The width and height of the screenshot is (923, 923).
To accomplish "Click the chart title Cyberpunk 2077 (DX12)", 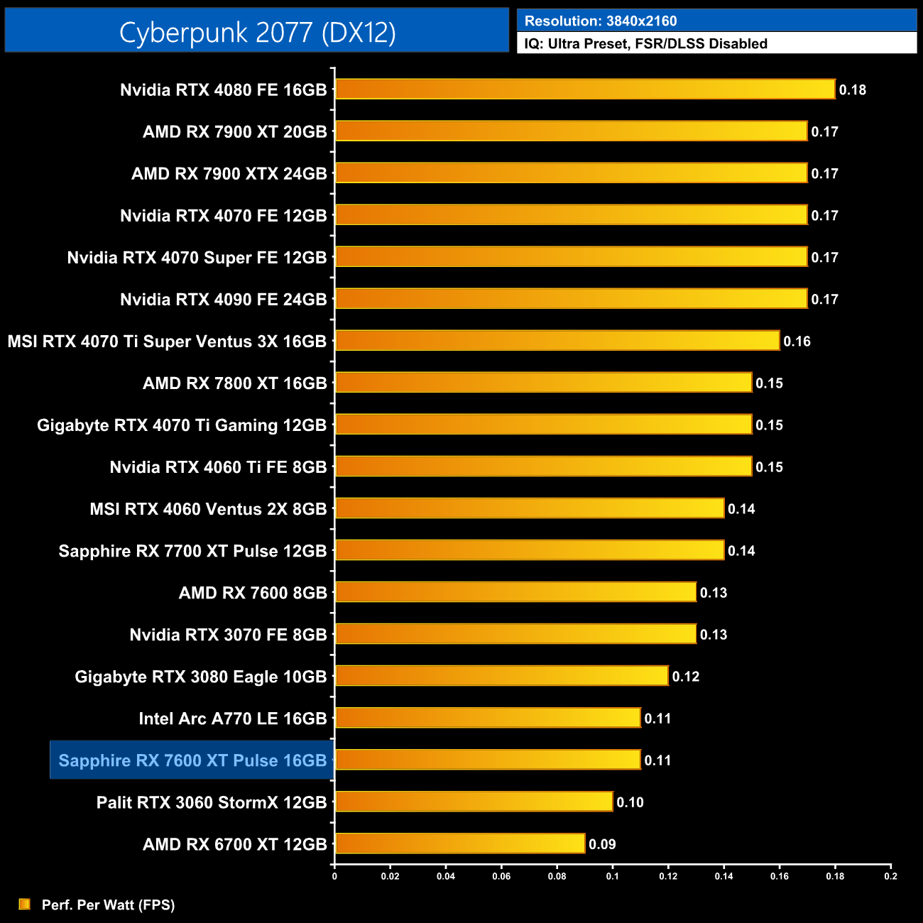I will pyautogui.click(x=257, y=32).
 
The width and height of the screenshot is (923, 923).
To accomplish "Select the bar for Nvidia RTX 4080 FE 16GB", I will pyautogui.click(x=584, y=89).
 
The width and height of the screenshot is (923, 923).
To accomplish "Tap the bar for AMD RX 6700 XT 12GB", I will pyautogui.click(x=459, y=843).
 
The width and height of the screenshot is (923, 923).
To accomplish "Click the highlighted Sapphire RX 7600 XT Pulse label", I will pyautogui.click(x=192, y=760).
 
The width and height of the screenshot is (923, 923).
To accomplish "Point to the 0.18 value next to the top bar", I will pyautogui.click(x=852, y=90).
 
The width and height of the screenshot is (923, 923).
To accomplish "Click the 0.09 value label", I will pyautogui.click(x=602, y=844).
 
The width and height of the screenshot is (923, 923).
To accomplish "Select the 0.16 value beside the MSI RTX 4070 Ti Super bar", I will pyautogui.click(x=797, y=342).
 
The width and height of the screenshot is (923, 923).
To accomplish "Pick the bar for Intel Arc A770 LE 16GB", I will pyautogui.click(x=487, y=718).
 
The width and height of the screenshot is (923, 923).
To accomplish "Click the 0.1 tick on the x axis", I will pyautogui.click(x=612, y=876).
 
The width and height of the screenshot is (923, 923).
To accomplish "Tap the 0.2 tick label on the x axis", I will pyautogui.click(x=890, y=876).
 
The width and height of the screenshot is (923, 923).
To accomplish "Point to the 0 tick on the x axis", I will pyautogui.click(x=334, y=876).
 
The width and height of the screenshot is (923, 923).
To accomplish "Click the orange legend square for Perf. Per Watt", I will pyautogui.click(x=25, y=904).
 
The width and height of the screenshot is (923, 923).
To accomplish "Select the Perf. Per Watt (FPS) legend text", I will pyautogui.click(x=108, y=905).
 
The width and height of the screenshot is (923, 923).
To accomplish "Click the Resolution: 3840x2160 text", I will pyautogui.click(x=601, y=21).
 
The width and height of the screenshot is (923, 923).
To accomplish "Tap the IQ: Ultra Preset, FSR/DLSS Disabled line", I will pyautogui.click(x=645, y=44).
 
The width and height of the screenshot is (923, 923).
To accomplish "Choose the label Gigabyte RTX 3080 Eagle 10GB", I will pyautogui.click(x=200, y=677).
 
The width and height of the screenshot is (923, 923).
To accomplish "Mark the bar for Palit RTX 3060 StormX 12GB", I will pyautogui.click(x=474, y=802).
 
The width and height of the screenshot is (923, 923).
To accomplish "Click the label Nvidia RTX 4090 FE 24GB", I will pyautogui.click(x=223, y=300).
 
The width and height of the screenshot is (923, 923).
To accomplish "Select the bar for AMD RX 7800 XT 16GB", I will pyautogui.click(x=543, y=383).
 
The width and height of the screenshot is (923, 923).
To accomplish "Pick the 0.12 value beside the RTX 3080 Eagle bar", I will pyautogui.click(x=685, y=677).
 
